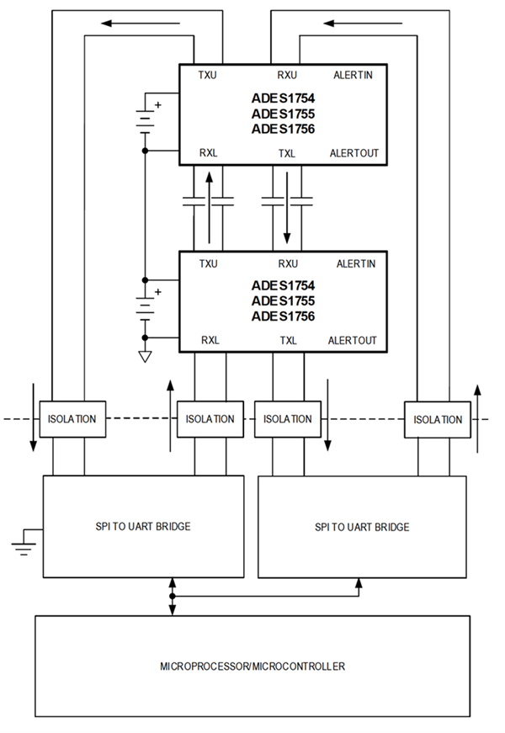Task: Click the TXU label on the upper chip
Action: pos(208,75)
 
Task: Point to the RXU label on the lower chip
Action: pos(288,263)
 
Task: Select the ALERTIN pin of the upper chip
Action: pos(354,75)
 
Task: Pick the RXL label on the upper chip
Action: pos(209,154)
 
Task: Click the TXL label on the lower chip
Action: pos(287,341)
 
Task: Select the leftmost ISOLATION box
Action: pos(72,419)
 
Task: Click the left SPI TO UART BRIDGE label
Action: pos(143,527)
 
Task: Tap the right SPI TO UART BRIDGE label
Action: pos(363,527)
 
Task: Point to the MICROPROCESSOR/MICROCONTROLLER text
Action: pos(252,667)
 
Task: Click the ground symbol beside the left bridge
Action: pos(24,546)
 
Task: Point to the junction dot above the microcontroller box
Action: pos(173,597)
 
